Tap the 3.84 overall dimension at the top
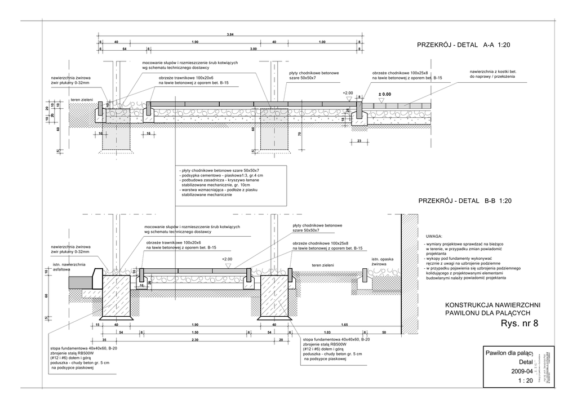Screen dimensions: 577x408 point(230,35)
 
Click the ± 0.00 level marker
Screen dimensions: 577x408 point(384,95)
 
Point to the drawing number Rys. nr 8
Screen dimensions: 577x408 point(519,323)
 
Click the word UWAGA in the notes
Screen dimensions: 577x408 point(434,237)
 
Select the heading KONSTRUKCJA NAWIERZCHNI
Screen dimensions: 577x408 point(492,304)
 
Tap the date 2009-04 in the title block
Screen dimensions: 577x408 point(521,371)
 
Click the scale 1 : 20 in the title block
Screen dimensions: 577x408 point(525,381)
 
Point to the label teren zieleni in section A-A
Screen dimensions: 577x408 point(82,100)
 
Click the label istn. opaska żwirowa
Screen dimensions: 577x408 point(382,261)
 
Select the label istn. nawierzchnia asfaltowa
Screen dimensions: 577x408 point(69,267)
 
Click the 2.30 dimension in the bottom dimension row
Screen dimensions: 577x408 point(195,340)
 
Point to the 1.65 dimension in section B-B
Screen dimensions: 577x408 point(344,325)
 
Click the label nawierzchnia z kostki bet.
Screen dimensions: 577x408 point(493,72)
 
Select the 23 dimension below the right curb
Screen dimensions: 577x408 point(359,140)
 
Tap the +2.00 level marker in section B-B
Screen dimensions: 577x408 point(227,259)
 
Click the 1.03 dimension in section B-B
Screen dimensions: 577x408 point(327,332)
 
